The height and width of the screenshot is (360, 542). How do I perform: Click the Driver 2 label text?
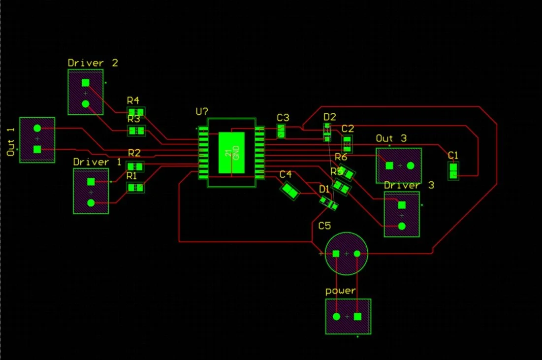(93, 63)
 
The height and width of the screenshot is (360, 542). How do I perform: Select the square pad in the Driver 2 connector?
(85, 83)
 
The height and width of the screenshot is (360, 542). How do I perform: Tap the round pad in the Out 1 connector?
(37, 129)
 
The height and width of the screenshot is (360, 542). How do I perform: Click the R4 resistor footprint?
(136, 112)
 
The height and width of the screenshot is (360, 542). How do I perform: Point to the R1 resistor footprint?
(136, 187)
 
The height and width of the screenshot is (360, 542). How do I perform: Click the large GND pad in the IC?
(231, 153)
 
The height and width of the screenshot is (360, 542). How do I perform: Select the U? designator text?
(202, 112)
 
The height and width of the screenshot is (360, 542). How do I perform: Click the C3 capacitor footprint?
(281, 131)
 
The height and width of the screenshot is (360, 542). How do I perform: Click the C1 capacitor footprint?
(453, 171)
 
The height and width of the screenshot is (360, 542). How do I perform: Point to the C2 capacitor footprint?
(348, 144)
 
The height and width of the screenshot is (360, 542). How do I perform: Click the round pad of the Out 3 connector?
(411, 165)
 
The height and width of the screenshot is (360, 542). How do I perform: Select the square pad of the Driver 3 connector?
(402, 204)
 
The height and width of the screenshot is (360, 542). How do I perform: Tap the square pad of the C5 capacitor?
(336, 254)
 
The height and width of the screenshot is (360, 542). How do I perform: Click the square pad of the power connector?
(357, 316)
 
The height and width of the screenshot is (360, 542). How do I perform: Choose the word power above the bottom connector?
(340, 291)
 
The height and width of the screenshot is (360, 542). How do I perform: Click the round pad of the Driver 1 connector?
(91, 202)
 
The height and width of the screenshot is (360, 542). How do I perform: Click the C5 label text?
(325, 226)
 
